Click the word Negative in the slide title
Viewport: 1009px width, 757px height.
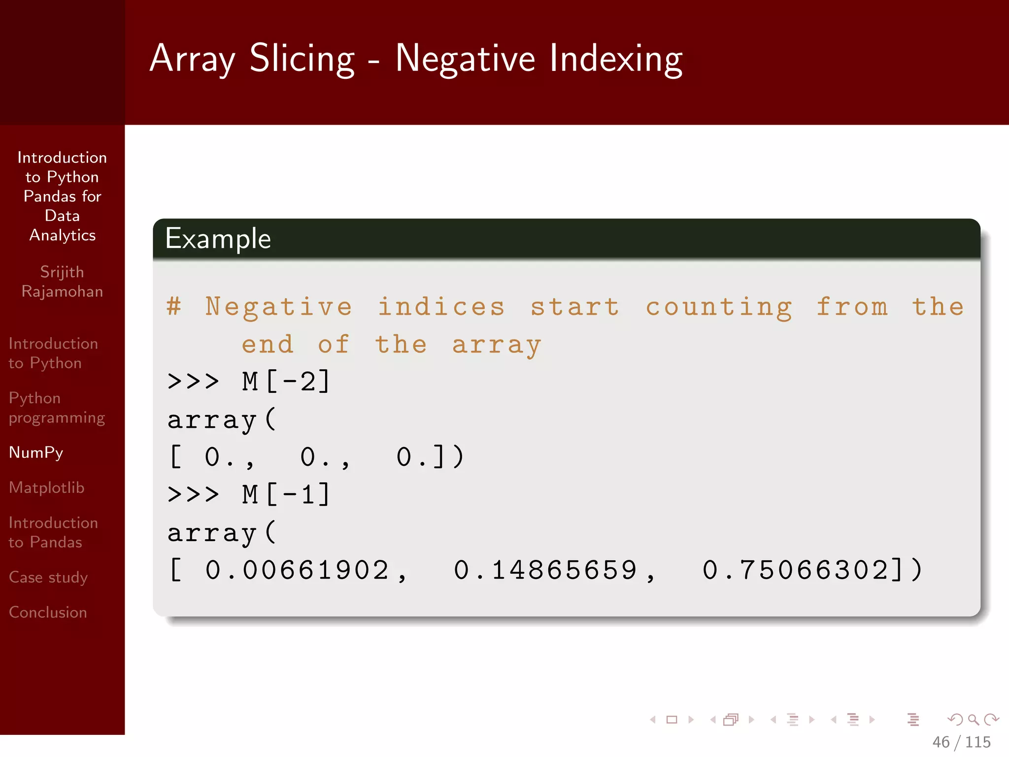tap(465, 59)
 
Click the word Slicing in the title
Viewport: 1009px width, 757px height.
tap(302, 59)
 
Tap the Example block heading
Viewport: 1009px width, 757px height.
tap(218, 239)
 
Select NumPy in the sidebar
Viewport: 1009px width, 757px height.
tap(36, 452)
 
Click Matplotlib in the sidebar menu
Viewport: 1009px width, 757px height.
tap(47, 487)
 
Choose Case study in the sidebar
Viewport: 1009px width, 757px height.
tap(48, 577)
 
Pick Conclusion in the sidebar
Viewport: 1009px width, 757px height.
tap(48, 612)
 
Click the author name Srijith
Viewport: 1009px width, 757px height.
tap(62, 272)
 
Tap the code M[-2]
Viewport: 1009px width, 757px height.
tap(286, 381)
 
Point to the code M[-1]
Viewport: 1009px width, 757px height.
tap(286, 494)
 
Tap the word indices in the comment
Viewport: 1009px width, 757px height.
tap(441, 307)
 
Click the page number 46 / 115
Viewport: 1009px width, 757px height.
tap(961, 742)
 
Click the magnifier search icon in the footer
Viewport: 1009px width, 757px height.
tap(973, 720)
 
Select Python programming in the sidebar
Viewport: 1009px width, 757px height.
tap(57, 408)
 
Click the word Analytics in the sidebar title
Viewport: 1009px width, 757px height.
tap(63, 236)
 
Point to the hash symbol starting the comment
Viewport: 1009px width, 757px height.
tap(174, 307)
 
